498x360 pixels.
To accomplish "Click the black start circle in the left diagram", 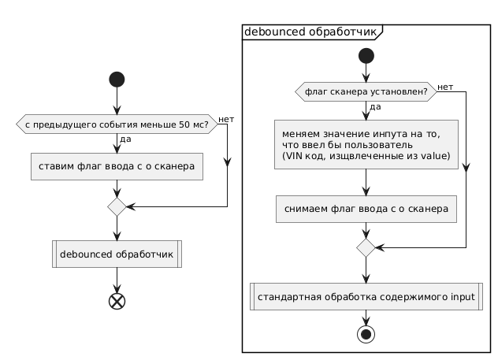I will coord(117,82).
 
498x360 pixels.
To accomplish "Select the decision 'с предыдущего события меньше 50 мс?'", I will coord(117,124).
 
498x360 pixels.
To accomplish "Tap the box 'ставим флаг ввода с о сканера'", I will coord(117,167).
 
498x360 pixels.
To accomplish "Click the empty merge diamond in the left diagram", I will coord(117,207).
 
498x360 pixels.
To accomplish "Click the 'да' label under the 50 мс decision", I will coord(125,140).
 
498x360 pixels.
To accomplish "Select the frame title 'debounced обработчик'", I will coord(310,32).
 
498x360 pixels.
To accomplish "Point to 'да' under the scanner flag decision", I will coord(376,106).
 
